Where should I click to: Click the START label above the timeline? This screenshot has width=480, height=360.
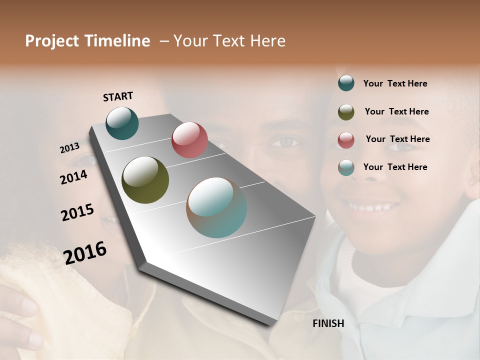pyautogui.click(x=118, y=96)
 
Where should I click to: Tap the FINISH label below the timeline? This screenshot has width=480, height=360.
pyautogui.click(x=328, y=323)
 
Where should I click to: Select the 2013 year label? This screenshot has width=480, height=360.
pyautogui.click(x=70, y=148)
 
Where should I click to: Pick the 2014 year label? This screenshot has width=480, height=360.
pyautogui.click(x=74, y=177)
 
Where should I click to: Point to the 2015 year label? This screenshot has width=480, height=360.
pyautogui.click(x=77, y=212)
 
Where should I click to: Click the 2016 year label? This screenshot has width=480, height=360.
pyautogui.click(x=85, y=252)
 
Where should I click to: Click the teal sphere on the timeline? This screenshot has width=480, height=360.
pyautogui.click(x=122, y=123)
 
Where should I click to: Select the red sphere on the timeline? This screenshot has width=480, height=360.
pyautogui.click(x=189, y=140)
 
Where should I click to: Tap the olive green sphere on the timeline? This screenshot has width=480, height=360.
pyautogui.click(x=145, y=180)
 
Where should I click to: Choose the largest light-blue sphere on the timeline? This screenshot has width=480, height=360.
pyautogui.click(x=216, y=207)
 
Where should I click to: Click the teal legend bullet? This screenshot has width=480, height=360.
pyautogui.click(x=346, y=83)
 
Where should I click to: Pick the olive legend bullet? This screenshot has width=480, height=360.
pyautogui.click(x=346, y=112)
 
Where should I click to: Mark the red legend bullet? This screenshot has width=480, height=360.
pyautogui.click(x=346, y=140)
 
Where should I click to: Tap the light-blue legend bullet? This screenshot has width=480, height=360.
pyautogui.click(x=346, y=167)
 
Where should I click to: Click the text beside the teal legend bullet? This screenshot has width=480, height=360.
pyautogui.click(x=395, y=84)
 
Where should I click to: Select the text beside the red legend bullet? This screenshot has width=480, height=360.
pyautogui.click(x=397, y=139)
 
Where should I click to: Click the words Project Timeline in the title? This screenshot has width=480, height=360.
pyautogui.click(x=87, y=41)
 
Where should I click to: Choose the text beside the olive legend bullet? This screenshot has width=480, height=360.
pyautogui.click(x=396, y=111)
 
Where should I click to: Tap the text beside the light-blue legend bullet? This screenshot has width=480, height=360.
pyautogui.click(x=395, y=167)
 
